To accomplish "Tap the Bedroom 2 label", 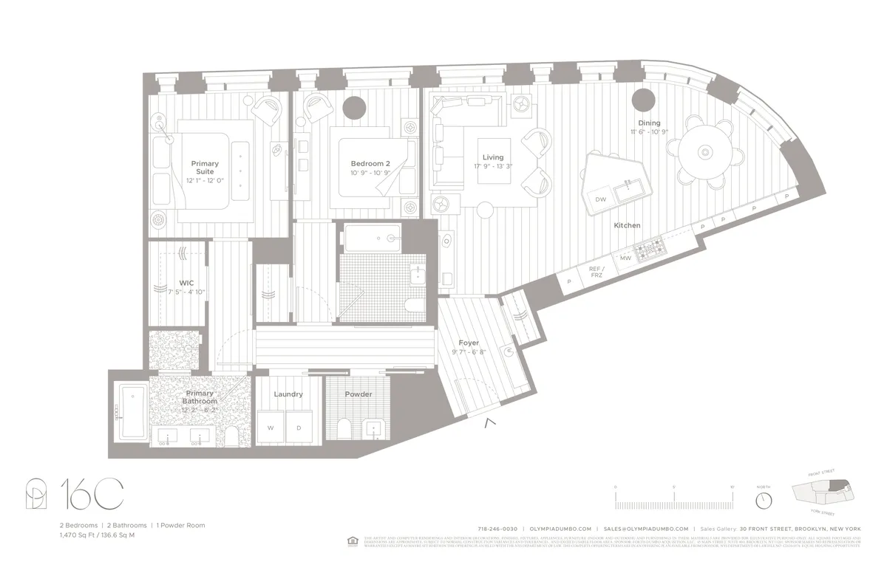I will (370, 163).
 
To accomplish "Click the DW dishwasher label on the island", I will (601, 199).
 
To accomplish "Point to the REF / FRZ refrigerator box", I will (597, 272).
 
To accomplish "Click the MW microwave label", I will (625, 258).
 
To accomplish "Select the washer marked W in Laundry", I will (271, 428).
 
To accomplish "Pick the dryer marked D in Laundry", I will (299, 428).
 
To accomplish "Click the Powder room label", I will (358, 394).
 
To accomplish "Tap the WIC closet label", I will (186, 283).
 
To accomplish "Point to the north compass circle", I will (764, 500).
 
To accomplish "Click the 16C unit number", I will (91, 494).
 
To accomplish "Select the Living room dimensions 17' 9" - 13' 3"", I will (492, 167).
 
